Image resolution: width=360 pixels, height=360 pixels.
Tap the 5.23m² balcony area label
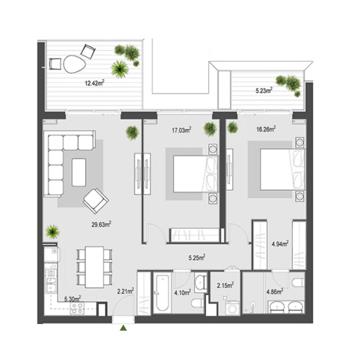click(x=264, y=91)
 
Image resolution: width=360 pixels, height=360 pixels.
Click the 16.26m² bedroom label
click(x=265, y=130)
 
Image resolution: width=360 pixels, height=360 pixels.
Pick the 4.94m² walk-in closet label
click(x=279, y=243)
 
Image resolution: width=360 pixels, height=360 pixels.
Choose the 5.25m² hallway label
click(x=197, y=257)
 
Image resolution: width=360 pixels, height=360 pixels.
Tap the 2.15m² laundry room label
click(x=224, y=286)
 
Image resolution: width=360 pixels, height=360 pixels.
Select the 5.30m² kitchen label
click(x=71, y=299)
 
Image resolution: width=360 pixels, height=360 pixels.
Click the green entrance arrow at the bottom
click(x=124, y=328)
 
